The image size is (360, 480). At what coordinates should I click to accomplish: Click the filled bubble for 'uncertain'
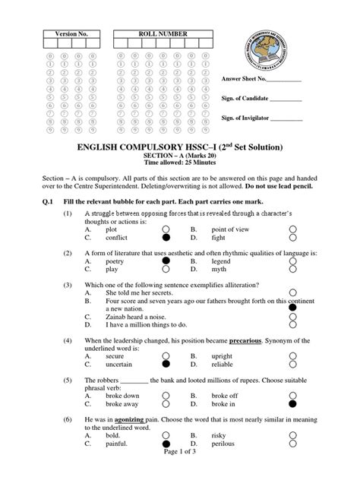pyautogui.click(x=166, y=365)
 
